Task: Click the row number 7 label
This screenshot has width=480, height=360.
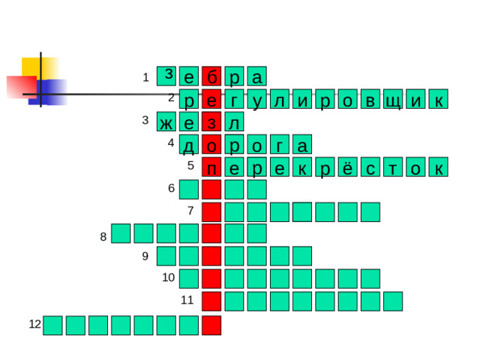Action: click(x=190, y=211)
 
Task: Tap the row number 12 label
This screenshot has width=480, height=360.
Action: click(x=34, y=324)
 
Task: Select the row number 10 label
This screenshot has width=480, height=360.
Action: click(x=168, y=278)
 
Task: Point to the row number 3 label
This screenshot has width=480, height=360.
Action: click(x=145, y=120)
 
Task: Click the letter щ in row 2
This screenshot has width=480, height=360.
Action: click(x=392, y=100)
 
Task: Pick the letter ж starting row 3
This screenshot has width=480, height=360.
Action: click(x=166, y=121)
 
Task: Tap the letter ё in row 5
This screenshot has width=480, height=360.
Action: click(x=347, y=168)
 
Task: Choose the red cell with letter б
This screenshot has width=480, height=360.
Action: click(x=211, y=76)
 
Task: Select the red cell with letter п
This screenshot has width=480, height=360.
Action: click(x=211, y=168)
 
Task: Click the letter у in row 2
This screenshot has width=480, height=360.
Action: click(x=257, y=100)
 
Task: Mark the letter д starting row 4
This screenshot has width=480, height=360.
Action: click(x=189, y=145)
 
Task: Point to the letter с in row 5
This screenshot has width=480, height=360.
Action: click(x=370, y=168)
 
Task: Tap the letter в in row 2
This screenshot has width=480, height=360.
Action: click(x=370, y=100)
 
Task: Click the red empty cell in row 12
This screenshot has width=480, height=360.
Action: click(x=211, y=325)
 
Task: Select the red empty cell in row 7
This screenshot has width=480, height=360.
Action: click(x=211, y=212)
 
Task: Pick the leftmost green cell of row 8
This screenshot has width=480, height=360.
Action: click(x=121, y=234)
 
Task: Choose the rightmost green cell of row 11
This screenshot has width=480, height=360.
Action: click(x=392, y=301)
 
